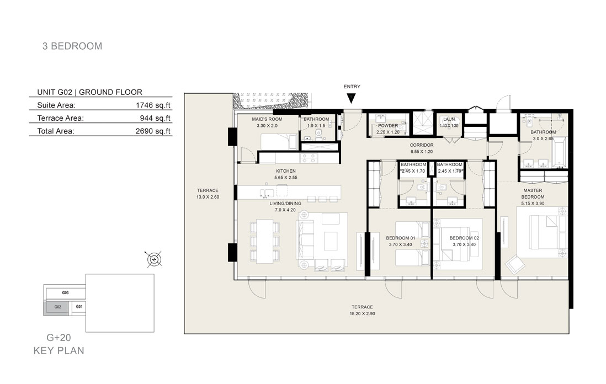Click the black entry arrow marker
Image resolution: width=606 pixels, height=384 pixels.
click(351, 99)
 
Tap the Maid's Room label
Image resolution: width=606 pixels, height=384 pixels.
click(267, 119)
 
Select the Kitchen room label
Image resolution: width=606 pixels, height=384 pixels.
click(285, 171)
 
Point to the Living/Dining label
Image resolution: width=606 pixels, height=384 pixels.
click(285, 204)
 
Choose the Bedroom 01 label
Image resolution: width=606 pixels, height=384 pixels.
click(400, 238)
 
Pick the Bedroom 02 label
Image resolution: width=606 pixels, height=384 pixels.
click(464, 238)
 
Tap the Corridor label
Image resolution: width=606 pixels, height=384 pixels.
click(422, 145)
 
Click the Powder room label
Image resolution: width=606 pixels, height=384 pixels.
click(388, 126)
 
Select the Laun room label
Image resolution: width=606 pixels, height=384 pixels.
click(449, 119)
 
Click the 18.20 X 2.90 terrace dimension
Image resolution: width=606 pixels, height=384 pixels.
click(362, 314)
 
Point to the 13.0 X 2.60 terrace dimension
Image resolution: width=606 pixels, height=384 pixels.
click(208, 197)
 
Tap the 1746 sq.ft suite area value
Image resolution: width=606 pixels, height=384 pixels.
click(153, 105)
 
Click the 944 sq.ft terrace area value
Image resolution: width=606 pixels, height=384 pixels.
click(155, 118)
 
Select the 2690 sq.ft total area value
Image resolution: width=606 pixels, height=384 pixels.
click(153, 131)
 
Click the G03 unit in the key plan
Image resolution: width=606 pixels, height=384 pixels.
click(65, 293)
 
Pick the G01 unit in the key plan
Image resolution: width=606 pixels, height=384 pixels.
click(79, 307)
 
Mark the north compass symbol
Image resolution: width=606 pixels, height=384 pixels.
click(154, 259)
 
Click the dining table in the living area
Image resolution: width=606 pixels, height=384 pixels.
click(265, 242)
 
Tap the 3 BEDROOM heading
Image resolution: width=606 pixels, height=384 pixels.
click(72, 46)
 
